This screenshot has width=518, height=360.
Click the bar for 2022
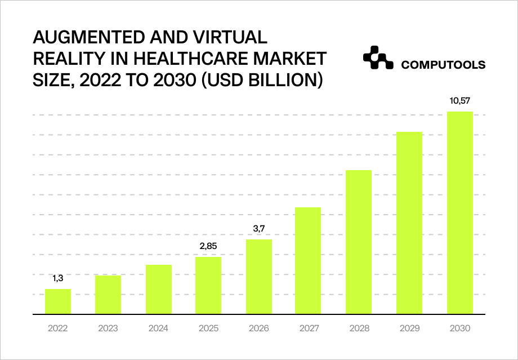pos(58,301)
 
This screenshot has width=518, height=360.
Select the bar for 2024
pos(158,289)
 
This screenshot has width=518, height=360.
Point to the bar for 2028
pos(359,242)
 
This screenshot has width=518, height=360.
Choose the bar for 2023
pos(108,295)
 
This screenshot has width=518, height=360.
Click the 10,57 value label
pos(459,101)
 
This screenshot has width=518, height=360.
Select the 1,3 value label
pos(58,278)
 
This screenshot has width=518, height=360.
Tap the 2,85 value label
pos(208,246)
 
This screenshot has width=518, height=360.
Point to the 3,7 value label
pos(258,229)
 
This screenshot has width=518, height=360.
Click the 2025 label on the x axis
pos(208,328)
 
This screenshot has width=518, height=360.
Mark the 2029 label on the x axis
pos(409,328)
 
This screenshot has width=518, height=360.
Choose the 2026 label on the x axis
pos(258,328)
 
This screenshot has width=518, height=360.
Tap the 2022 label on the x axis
pos(58,328)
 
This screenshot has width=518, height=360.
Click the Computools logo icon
pos(377,58)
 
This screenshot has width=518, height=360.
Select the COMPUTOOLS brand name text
pos(443,65)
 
